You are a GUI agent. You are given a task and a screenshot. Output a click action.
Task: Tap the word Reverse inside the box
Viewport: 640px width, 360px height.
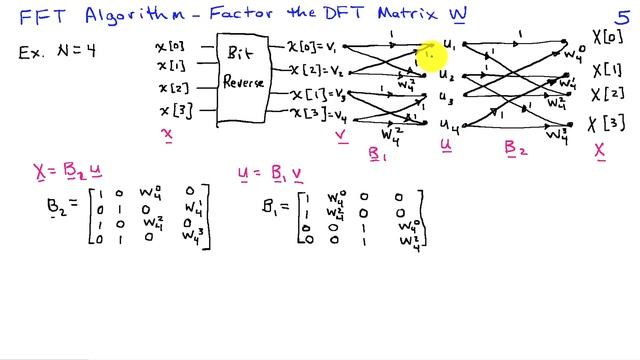(x=244, y=82)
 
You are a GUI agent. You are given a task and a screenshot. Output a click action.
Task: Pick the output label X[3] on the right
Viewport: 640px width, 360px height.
(x=607, y=124)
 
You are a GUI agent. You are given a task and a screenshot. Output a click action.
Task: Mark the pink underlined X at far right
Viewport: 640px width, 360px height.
(x=601, y=150)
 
